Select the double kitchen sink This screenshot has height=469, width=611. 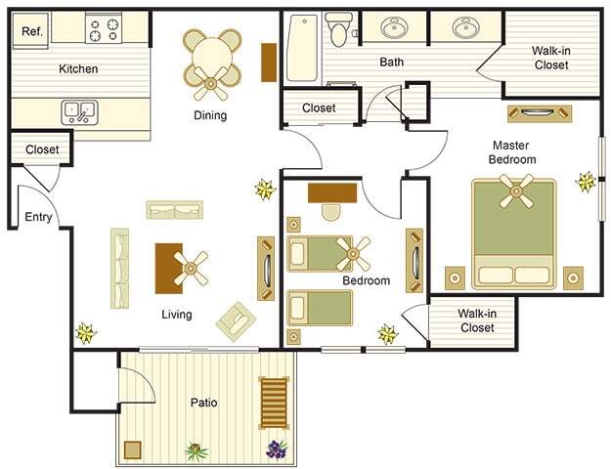coord(79,111)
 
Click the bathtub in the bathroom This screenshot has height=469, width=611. coord(302,47)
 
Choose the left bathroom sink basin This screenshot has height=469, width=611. coord(396,28)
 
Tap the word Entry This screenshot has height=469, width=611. coord(38,217)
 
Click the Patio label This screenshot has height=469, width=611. coord(203,402)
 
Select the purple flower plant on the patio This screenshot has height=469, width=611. coord(276,449)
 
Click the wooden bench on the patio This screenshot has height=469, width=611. coord(274,402)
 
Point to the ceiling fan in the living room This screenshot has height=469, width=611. coord(191,266)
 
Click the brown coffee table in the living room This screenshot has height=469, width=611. coord(168,268)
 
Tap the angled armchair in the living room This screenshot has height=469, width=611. coord(236,320)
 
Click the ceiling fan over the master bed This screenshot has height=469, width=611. coord(515,190)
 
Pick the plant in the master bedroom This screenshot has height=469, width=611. coord(586,181)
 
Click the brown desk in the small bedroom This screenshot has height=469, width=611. coord(331,192)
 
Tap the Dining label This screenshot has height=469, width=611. coord(210,115)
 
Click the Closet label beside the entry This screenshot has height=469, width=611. coord(42,149)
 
